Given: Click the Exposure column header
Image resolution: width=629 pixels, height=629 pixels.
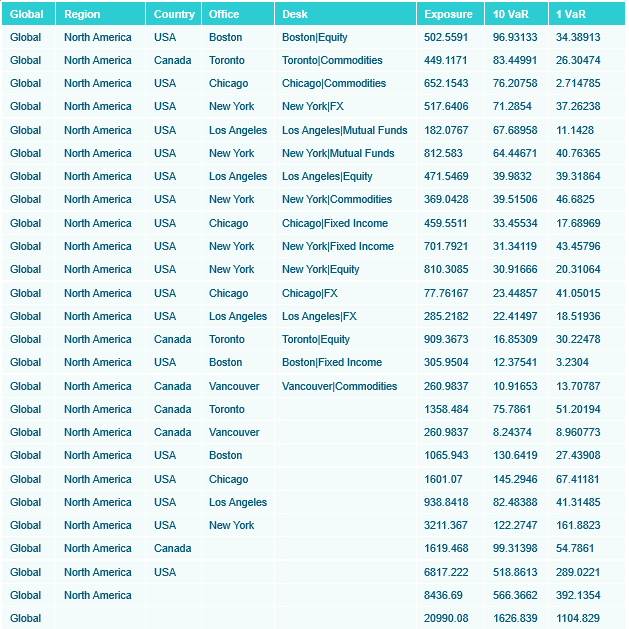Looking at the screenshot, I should point(448,14).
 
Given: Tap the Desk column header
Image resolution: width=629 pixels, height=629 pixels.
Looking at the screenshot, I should point(295,14).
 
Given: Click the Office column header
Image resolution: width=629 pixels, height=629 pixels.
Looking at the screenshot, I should point(225,14).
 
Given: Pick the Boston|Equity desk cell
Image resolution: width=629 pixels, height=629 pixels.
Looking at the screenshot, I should point(315,37).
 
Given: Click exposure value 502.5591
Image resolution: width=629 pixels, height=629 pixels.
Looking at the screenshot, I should point(446,37).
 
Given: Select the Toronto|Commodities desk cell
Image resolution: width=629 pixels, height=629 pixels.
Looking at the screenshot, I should point(332,60).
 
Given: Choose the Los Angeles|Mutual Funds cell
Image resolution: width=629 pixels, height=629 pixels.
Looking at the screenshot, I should point(345,130).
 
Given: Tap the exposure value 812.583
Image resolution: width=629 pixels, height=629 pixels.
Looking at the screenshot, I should point(443,153).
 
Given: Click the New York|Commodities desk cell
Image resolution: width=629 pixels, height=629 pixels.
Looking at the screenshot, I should point(337,199).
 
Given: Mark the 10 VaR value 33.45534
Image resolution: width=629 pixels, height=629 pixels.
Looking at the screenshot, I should point(515,223).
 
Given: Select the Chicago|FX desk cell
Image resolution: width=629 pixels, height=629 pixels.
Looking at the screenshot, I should point(310,293).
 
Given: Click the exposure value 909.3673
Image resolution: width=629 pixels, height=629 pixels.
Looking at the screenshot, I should point(446,339).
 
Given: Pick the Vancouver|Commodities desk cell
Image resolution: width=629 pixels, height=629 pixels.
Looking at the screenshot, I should point(340,386).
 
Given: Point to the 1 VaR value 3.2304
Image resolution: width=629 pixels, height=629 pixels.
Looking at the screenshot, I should point(572,362).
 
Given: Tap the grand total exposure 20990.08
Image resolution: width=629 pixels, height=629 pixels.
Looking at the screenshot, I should point(446,618).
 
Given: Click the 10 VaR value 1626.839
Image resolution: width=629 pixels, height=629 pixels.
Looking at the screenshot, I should point(515,618).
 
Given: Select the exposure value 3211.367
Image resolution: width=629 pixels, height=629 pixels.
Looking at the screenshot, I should point(446,525).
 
